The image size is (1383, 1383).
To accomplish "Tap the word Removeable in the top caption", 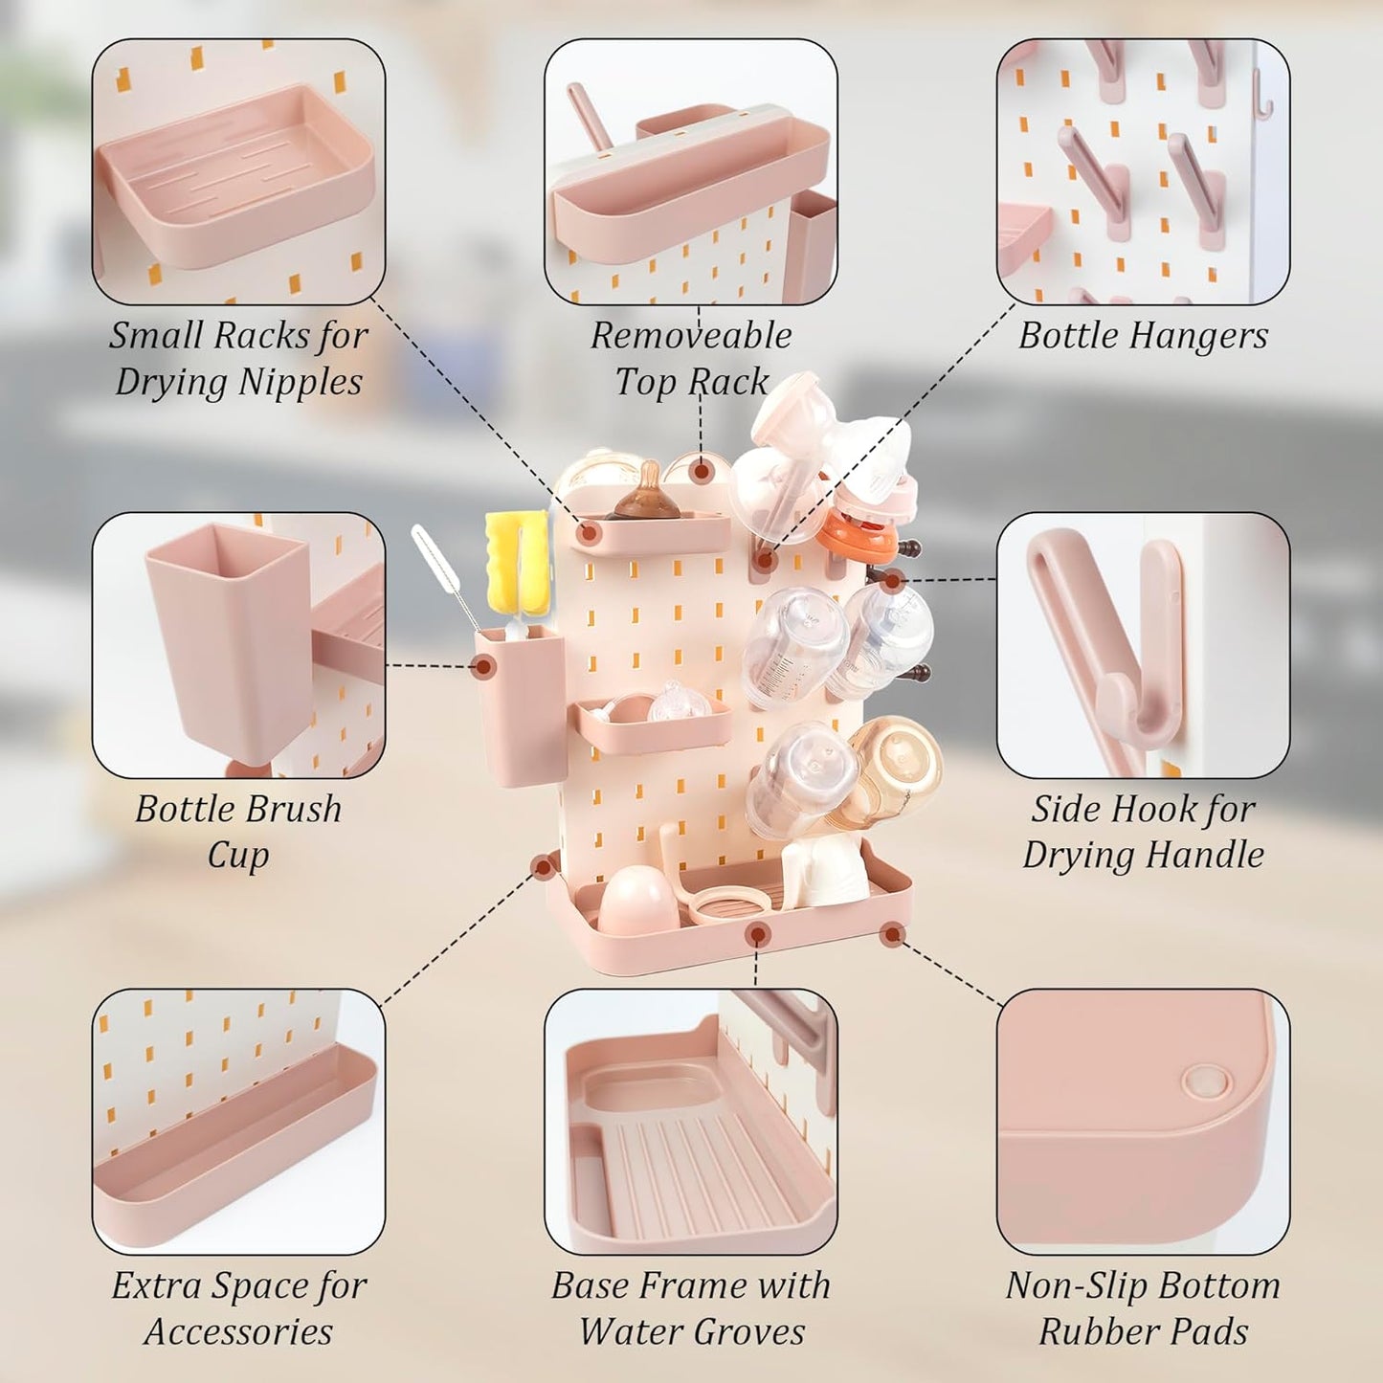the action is coord(691,336).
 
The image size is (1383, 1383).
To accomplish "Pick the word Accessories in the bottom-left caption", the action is coord(238,1332).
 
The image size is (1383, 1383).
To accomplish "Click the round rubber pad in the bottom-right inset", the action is coord(1206,1082).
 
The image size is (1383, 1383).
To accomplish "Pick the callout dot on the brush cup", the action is coord(485,667).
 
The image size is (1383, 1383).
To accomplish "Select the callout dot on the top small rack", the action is coord(589,533).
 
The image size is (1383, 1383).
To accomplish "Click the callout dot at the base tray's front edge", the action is coord(757,935).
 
